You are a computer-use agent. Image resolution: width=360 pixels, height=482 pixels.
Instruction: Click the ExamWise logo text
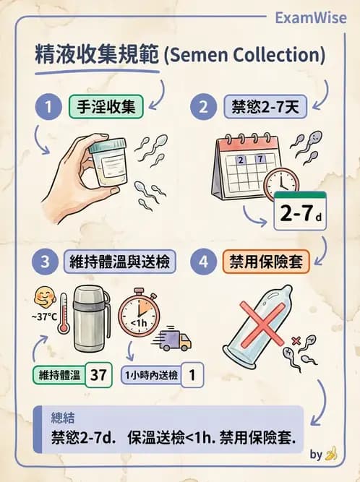coord(311,17)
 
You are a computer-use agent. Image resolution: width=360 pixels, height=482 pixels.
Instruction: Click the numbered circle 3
coord(48,262)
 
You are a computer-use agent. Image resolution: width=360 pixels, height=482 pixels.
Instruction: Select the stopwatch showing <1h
coord(142,317)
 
